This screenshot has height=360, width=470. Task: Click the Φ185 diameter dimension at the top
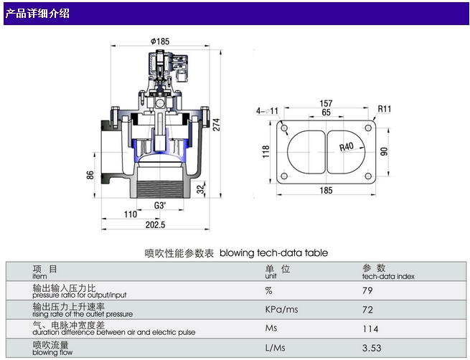pyautogui.click(x=160, y=41)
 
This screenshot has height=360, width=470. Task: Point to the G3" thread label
pyautogui.click(x=161, y=205)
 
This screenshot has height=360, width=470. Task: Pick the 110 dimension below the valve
pyautogui.click(x=131, y=214)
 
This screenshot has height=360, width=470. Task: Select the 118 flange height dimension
pyautogui.click(x=263, y=152)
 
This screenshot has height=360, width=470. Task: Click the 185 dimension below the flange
pyautogui.click(x=326, y=190)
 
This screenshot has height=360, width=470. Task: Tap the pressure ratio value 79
pyautogui.click(x=368, y=290)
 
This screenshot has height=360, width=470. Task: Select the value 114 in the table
pyautogui.click(x=370, y=329)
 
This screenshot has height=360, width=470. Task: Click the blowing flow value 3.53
pyautogui.click(x=371, y=349)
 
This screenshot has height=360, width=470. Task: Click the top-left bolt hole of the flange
pyautogui.click(x=286, y=128)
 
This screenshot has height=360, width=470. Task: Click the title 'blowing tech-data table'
pyautogui.click(x=273, y=252)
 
